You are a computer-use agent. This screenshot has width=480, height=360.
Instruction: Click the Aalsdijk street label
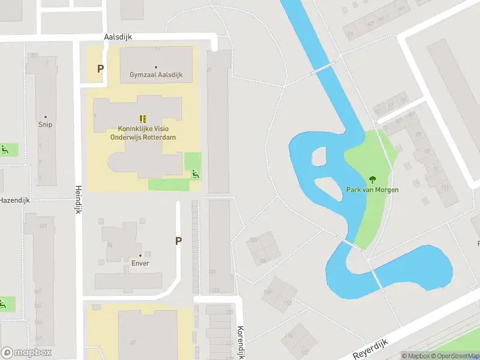coord(118,37)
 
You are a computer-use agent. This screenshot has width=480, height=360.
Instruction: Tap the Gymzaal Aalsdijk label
coord(156,75)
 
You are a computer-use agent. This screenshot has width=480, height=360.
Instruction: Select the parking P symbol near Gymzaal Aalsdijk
coord(100,68)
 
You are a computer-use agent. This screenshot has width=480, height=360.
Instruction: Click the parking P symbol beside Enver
coord(178,241)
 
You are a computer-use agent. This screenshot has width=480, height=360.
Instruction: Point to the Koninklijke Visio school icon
coord(143,119)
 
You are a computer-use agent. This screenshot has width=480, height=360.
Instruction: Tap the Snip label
coord(46,125)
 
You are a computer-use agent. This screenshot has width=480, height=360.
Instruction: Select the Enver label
coord(140,263)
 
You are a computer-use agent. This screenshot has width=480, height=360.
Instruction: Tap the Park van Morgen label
coord(372,190)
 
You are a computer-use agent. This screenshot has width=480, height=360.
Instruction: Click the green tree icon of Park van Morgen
coord(372,179)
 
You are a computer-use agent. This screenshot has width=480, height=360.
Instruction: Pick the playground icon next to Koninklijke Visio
coord(194,175)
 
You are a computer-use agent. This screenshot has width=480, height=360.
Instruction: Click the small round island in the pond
coord(319,157)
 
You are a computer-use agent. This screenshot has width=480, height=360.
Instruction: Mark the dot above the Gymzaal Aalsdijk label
coord(156,67)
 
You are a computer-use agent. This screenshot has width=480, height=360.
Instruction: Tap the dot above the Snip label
coord(46,117)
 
